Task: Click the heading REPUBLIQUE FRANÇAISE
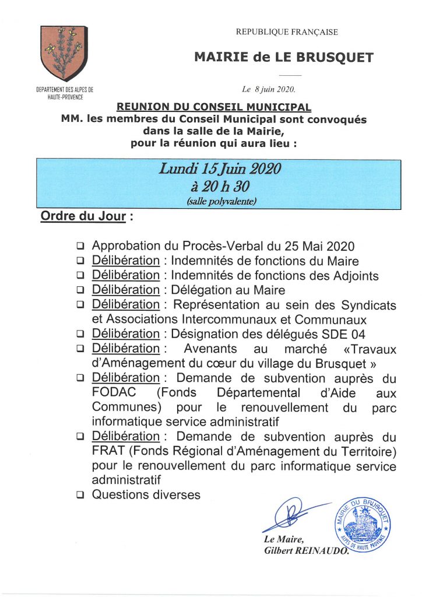pyautogui.click(x=286, y=32)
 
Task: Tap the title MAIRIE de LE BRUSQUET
pyautogui.click(x=284, y=57)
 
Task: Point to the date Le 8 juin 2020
pyautogui.click(x=269, y=90)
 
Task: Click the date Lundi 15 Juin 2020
pyautogui.click(x=220, y=170)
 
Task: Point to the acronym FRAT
pyautogui.click(x=107, y=451)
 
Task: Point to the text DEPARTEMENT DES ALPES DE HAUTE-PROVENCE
pyautogui.click(x=64, y=93)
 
